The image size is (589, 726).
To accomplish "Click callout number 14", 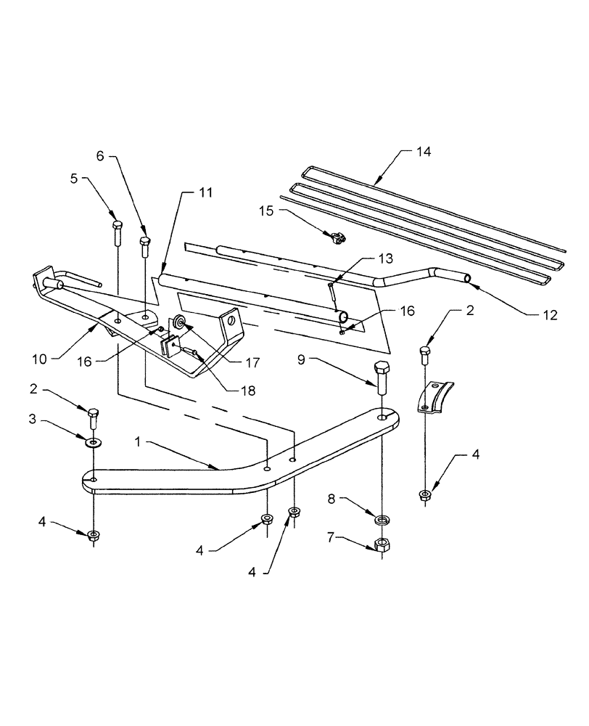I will [423, 152].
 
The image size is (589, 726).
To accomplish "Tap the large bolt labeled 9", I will [383, 375].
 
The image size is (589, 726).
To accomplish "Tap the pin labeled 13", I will [331, 293].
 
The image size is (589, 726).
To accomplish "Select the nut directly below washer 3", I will [94, 536].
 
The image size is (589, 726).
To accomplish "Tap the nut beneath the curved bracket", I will [425, 496].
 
